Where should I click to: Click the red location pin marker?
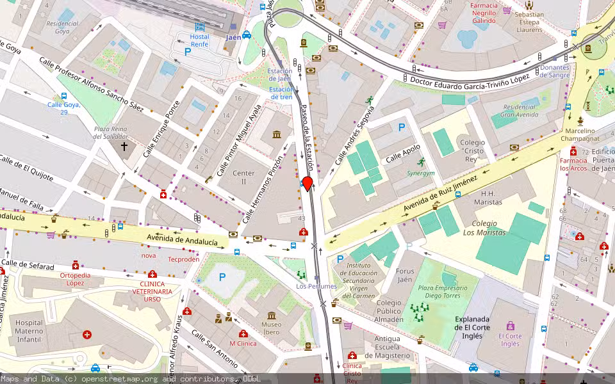pos(307,184)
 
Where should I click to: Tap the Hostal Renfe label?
pos(199,40)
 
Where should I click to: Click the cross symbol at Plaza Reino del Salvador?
pos(124,147)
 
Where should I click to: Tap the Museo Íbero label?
pos(271,328)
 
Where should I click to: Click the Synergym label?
pos(420,173)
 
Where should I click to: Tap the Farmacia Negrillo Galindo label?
pos(484,13)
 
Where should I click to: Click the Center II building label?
pos(243,177)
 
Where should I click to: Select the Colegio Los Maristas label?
pos(484,228)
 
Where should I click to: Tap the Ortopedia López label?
pos(76,279)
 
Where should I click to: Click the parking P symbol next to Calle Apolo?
pos(402,127)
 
